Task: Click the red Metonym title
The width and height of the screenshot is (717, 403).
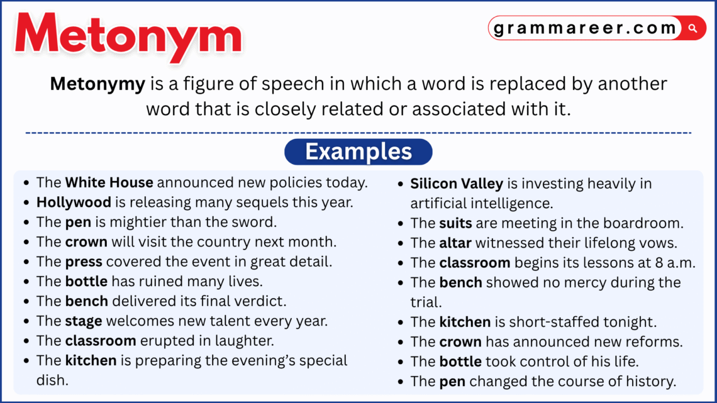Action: pyautogui.click(x=128, y=36)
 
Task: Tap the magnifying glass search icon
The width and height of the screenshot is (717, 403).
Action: pyautogui.click(x=692, y=28)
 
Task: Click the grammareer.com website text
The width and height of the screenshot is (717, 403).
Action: pyautogui.click(x=585, y=28)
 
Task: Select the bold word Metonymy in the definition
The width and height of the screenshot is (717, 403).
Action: pyautogui.click(x=97, y=84)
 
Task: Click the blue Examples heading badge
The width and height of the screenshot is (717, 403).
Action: pyautogui.click(x=358, y=152)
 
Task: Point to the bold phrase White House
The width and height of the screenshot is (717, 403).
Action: pyautogui.click(x=109, y=183)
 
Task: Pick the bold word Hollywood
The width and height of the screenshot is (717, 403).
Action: pyautogui.click(x=74, y=202)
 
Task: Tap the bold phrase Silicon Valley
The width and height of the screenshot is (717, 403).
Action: pyautogui.click(x=457, y=184)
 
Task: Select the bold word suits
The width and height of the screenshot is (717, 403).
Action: pyautogui.click(x=455, y=223)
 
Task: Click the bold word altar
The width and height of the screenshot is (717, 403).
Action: pyautogui.click(x=455, y=243)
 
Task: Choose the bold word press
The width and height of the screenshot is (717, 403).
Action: pyautogui.click(x=84, y=262)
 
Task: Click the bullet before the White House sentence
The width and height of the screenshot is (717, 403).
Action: pyautogui.click(x=26, y=183)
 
